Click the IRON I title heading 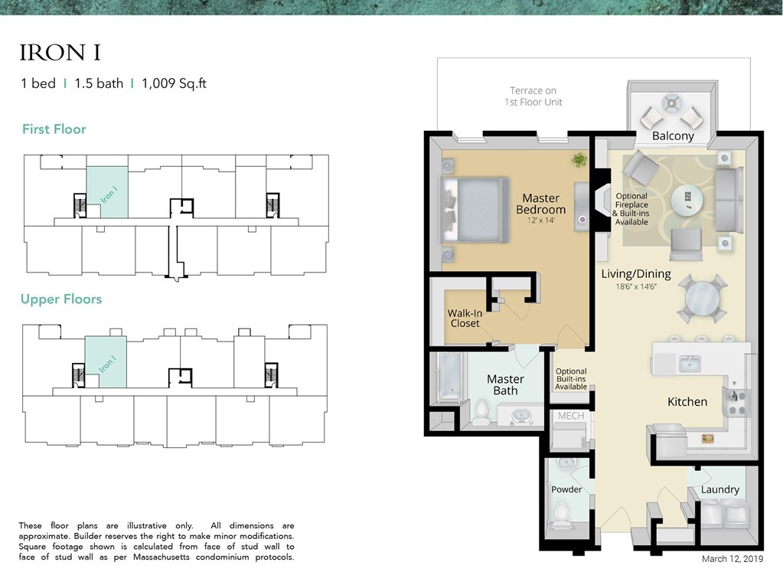[x=60, y=53]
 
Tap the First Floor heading [x=54, y=129]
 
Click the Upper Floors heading [x=61, y=299]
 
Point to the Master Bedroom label [x=540, y=204]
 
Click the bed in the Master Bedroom [x=475, y=209]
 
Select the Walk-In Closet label [x=464, y=318]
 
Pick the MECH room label [x=571, y=416]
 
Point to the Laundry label [x=719, y=489]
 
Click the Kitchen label [x=687, y=401]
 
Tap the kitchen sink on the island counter [x=690, y=364]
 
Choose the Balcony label [x=673, y=136]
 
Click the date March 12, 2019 [x=732, y=559]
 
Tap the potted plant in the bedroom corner [x=579, y=160]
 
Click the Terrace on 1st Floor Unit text [x=533, y=96]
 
